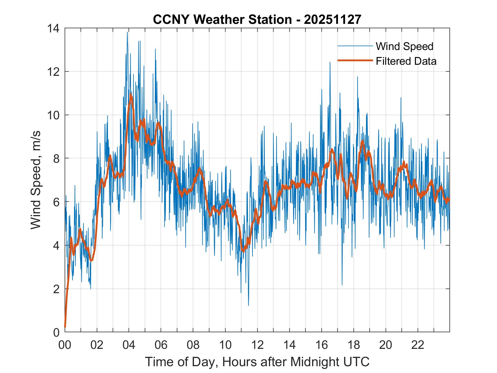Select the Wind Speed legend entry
pos(404,46)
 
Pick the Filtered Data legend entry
pos(406,61)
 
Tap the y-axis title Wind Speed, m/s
pos(35,180)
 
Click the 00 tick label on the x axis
pos(65,345)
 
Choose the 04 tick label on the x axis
pos(129,345)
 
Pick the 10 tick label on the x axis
pos(225,345)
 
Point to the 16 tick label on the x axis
pos(321,345)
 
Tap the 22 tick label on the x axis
pos(418,345)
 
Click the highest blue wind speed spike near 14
pos(127,32)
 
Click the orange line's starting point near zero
pos(65,327)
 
